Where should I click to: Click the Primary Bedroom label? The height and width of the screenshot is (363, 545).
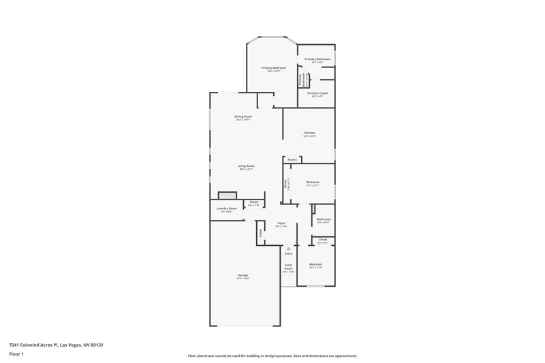tap(273, 68)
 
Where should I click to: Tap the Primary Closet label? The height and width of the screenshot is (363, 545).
tap(317, 93)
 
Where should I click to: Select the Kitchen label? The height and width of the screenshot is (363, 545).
tap(309, 133)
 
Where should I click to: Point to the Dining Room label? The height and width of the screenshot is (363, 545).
tap(244, 117)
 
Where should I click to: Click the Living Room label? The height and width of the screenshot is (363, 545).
tap(246, 166)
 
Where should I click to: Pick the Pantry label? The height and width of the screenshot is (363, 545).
tap(292, 160)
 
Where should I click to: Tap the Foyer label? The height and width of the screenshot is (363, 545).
tap(281, 223)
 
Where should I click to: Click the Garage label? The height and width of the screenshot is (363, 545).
tap(243, 275)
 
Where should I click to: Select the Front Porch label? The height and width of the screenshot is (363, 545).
tap(287, 267)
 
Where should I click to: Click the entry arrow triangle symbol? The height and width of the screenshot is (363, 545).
tap(289, 248)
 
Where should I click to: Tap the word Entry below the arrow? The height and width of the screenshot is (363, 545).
tap(289, 253)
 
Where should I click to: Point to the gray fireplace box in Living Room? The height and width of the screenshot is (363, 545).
tap(227, 195)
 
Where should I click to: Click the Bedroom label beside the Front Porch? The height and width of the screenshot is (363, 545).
tap(315, 264)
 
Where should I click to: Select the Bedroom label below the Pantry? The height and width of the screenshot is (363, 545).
tap(313, 182)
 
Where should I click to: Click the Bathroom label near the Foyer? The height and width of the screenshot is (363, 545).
tap(324, 219)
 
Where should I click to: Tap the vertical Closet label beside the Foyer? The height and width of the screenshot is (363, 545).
tap(260, 233)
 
